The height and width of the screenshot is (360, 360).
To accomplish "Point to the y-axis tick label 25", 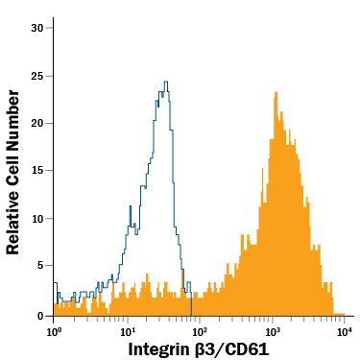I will tap(37, 75).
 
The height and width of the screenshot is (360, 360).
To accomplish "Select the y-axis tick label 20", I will tap(37, 123).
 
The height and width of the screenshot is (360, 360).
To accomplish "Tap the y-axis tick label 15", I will tap(37, 171).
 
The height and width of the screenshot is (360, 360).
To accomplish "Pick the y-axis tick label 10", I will tap(37, 219).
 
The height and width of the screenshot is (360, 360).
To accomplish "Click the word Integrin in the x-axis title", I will tap(162, 348).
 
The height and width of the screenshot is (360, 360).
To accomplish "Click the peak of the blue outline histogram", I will tap(166, 83).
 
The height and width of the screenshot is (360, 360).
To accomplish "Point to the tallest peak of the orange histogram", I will tap(276, 93).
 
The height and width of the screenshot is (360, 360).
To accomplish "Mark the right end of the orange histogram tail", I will tap(344, 313).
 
